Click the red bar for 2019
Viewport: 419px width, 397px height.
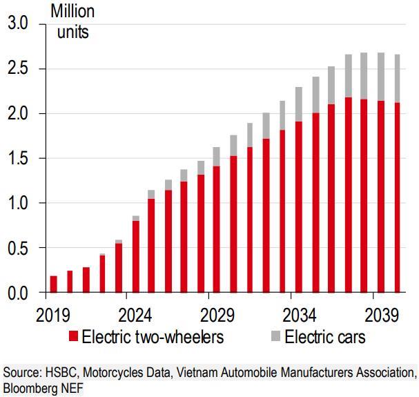53,284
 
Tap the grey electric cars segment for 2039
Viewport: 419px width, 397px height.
381,76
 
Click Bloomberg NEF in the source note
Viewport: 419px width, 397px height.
43,388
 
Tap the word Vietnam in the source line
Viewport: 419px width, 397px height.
199,374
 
